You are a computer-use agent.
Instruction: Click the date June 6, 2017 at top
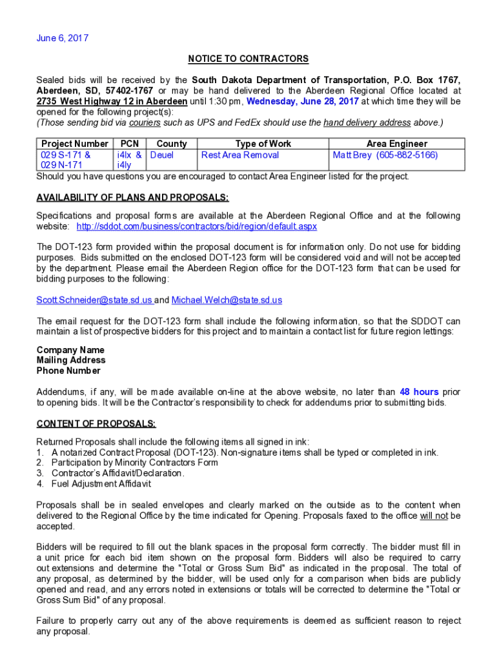point(62,38)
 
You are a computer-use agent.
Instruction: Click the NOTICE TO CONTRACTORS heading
point(248,59)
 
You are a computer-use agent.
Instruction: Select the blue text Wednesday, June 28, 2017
point(303,101)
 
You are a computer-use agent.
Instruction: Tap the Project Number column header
point(74,144)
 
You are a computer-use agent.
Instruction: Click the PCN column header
point(129,144)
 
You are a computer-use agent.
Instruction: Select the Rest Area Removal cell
point(240,155)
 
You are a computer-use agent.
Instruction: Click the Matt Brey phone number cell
point(385,155)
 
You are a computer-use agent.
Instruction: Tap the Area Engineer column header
point(396,144)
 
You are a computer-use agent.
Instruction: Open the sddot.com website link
point(196,226)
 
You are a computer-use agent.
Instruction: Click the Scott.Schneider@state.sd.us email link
point(94,300)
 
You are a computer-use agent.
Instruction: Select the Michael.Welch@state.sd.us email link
point(227,300)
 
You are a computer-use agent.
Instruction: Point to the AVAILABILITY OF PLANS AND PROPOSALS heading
point(132,197)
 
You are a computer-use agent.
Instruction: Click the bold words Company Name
point(70,350)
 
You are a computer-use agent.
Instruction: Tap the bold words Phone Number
point(68,371)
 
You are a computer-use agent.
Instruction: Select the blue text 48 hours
point(419,392)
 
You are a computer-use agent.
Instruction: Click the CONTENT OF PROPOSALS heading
point(96,423)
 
